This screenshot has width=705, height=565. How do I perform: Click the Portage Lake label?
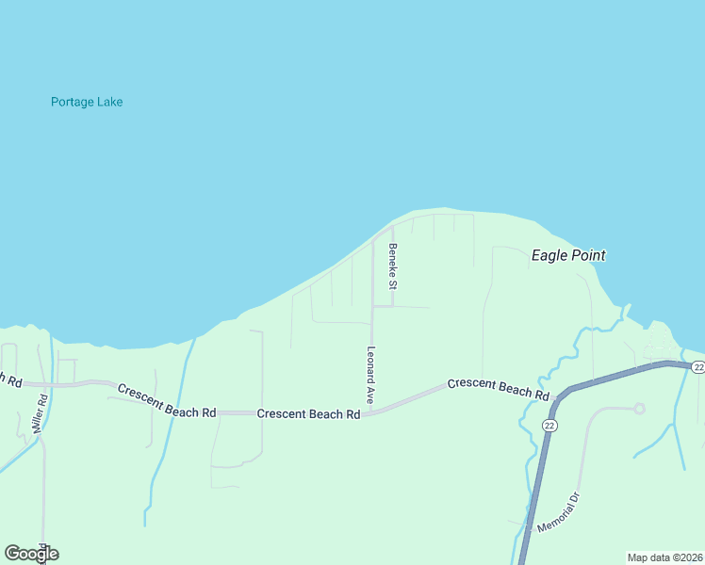[87, 102]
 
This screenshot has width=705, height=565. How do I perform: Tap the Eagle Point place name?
[567, 255]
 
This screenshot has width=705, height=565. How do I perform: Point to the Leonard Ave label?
[371, 376]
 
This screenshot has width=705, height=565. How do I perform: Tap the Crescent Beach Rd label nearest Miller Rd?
[167, 399]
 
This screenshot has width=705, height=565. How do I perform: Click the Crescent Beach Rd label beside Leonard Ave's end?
[308, 413]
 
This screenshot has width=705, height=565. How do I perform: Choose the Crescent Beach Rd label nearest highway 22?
[498, 389]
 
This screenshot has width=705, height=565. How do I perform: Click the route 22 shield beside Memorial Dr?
[549, 426]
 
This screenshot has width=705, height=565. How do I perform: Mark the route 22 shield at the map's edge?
[697, 367]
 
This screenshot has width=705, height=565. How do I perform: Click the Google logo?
[31, 554]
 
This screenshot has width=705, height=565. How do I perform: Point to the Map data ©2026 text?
[664, 557]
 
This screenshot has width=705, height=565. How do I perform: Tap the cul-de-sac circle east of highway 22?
[639, 408]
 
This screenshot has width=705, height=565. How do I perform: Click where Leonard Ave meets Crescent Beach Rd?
[371, 412]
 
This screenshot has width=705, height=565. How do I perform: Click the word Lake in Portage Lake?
[108, 102]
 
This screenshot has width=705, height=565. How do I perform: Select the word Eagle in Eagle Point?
[549, 255]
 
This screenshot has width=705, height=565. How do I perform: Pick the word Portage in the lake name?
[71, 102]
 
